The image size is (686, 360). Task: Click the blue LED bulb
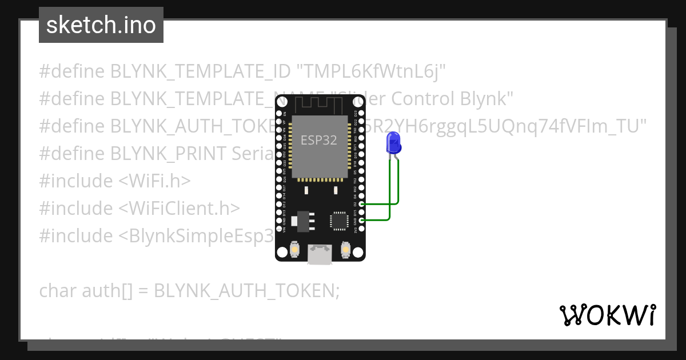tap(393, 142)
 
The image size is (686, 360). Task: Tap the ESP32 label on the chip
tap(319, 139)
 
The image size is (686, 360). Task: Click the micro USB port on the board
tap(319, 254)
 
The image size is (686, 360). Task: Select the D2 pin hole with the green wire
tap(361, 204)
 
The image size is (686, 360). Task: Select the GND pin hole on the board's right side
tap(361, 220)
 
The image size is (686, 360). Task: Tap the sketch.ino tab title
tap(101, 25)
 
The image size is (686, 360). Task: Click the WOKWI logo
tap(607, 315)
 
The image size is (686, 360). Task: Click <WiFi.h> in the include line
tap(154, 181)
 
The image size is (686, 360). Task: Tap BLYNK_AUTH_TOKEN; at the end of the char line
tap(247, 291)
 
